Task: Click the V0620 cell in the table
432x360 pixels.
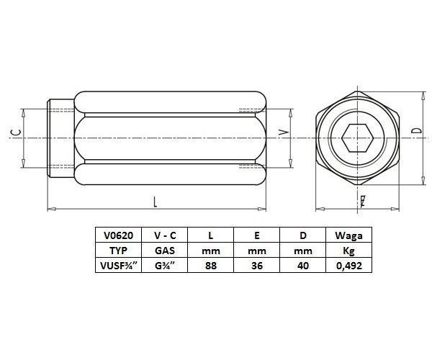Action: [x=118, y=235]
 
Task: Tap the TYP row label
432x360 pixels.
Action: [x=118, y=249]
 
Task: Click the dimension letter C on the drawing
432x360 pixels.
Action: [x=15, y=132]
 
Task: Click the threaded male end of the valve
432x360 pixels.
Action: [x=59, y=137]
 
